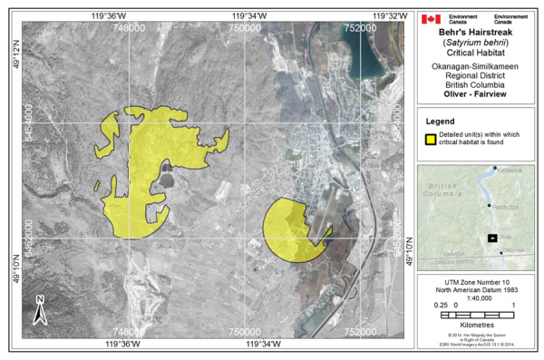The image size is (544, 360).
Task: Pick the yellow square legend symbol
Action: pyautogui.click(x=431, y=139)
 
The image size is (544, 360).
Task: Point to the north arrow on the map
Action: pyautogui.click(x=41, y=309)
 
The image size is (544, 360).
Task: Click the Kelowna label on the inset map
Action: pyautogui.click(x=509, y=170)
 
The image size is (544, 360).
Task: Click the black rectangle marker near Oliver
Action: pyautogui.click(x=492, y=238)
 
